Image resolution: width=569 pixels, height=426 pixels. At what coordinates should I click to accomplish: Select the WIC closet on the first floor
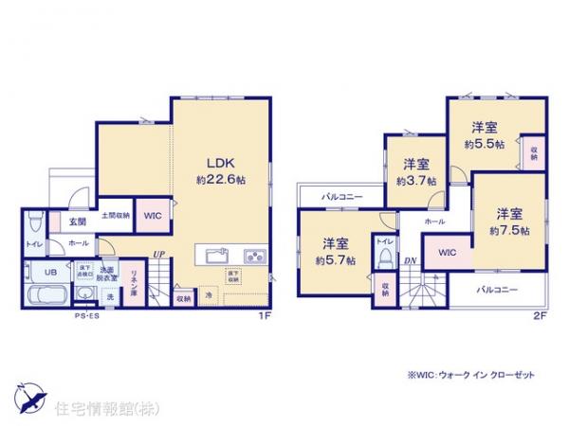pos(153,216)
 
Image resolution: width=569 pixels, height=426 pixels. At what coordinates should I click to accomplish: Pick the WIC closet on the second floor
pos(449,253)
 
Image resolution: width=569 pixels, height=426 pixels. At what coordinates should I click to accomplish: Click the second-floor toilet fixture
pos(384,257)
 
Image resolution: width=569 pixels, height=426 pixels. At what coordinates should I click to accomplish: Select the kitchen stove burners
pos(254,256)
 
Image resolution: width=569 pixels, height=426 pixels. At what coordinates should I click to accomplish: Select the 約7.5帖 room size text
pos(510,230)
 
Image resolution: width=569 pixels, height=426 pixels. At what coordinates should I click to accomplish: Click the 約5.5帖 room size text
pos(484,145)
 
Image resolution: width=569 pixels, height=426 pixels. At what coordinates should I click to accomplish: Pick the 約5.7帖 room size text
pos(337,259)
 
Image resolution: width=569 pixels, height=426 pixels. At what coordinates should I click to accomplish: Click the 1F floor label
pos(268,316)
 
